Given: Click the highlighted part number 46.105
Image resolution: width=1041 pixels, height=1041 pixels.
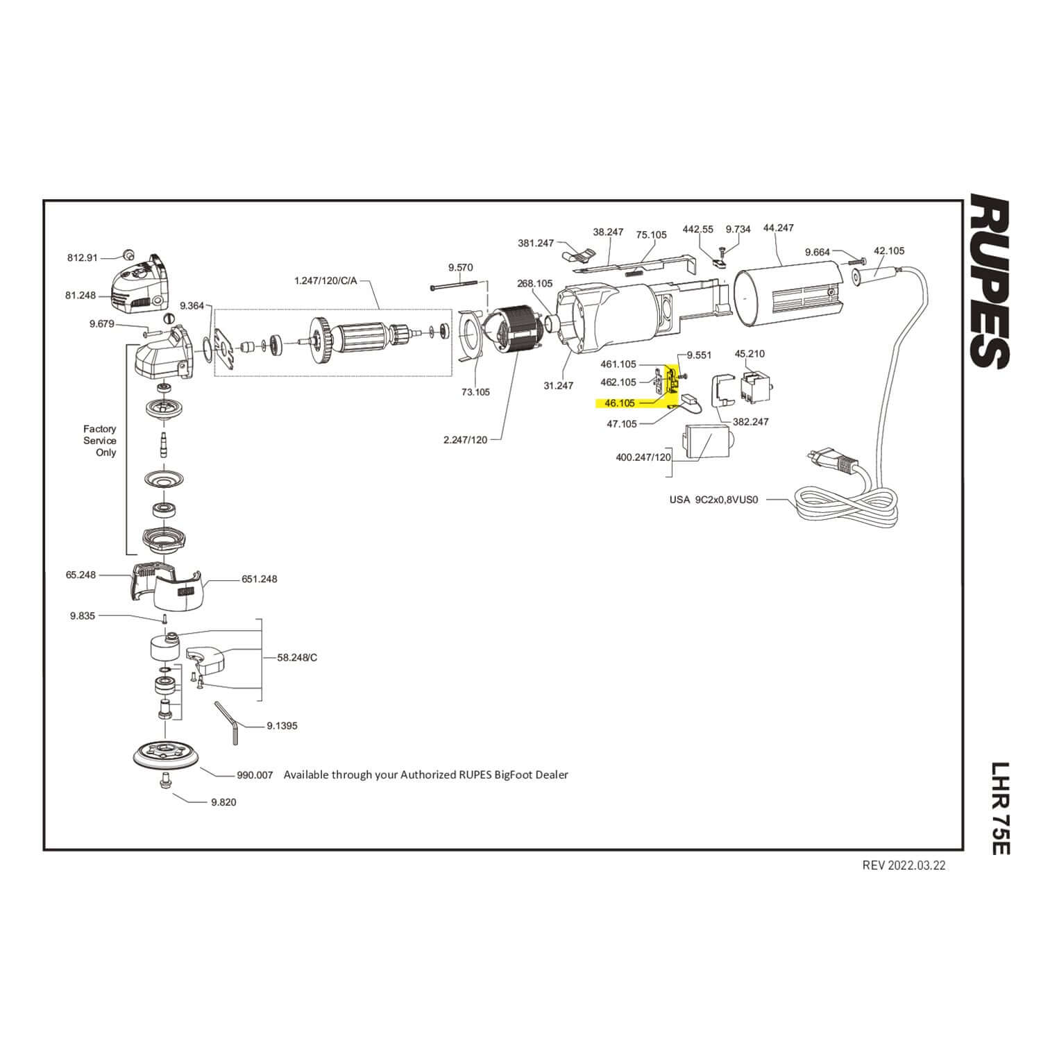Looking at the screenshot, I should [x=620, y=403].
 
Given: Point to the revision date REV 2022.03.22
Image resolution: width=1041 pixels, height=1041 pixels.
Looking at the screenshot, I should [x=904, y=865].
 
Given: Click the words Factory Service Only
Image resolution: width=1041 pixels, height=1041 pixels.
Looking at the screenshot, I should [x=100, y=441].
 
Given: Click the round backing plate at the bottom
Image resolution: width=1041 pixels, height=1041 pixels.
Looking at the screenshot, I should [x=164, y=756].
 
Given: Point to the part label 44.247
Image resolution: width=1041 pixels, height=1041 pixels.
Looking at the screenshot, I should [x=778, y=228].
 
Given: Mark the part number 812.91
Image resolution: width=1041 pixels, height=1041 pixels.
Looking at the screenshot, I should [x=83, y=257].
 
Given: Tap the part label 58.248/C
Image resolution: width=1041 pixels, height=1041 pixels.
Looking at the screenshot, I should [x=297, y=657].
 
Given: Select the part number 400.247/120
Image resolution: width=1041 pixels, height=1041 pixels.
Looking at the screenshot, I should [x=643, y=457].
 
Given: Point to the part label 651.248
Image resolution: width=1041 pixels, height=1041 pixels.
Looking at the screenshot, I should [x=260, y=579].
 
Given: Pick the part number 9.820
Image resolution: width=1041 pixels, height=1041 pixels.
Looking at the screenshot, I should [x=223, y=802].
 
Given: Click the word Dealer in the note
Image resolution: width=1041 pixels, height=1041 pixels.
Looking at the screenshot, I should [x=551, y=775].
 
